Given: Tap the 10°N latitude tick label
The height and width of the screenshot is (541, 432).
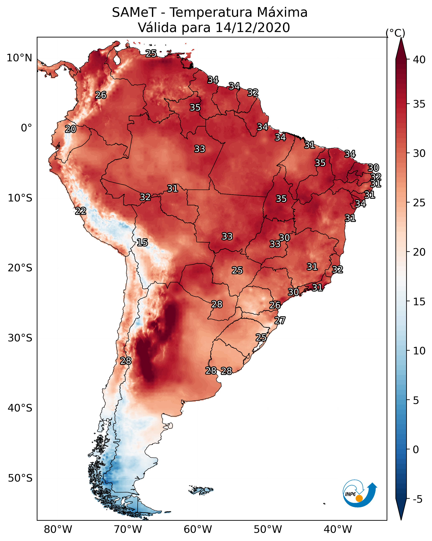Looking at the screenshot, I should point(19,58).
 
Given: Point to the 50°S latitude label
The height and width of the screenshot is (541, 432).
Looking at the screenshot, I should point(20,478).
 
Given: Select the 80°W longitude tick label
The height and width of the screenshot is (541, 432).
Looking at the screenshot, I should point(58,529).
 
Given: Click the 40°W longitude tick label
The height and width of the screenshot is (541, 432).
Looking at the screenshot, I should point(338,529).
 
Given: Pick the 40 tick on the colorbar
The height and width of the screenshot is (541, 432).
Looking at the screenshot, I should point(419,60).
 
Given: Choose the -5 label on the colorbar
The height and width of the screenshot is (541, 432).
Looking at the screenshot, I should point(417,499).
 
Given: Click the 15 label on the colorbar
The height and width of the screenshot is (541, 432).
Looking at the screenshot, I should point(419,302).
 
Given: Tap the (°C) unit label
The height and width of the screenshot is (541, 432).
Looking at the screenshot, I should point(395,33).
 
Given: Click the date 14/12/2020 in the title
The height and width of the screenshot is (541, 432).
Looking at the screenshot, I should point(252,28).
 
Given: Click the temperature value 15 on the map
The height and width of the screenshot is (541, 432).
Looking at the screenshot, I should point(142,242).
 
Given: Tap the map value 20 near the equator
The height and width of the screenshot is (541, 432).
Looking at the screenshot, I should point(70,129).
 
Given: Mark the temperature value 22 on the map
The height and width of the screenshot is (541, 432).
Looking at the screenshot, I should point(81,211).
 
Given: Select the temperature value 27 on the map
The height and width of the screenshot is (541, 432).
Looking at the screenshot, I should point(280,321).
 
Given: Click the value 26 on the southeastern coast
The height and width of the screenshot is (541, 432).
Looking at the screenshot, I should point(275,305).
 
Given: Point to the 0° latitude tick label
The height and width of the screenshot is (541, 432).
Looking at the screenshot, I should point(26,128).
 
